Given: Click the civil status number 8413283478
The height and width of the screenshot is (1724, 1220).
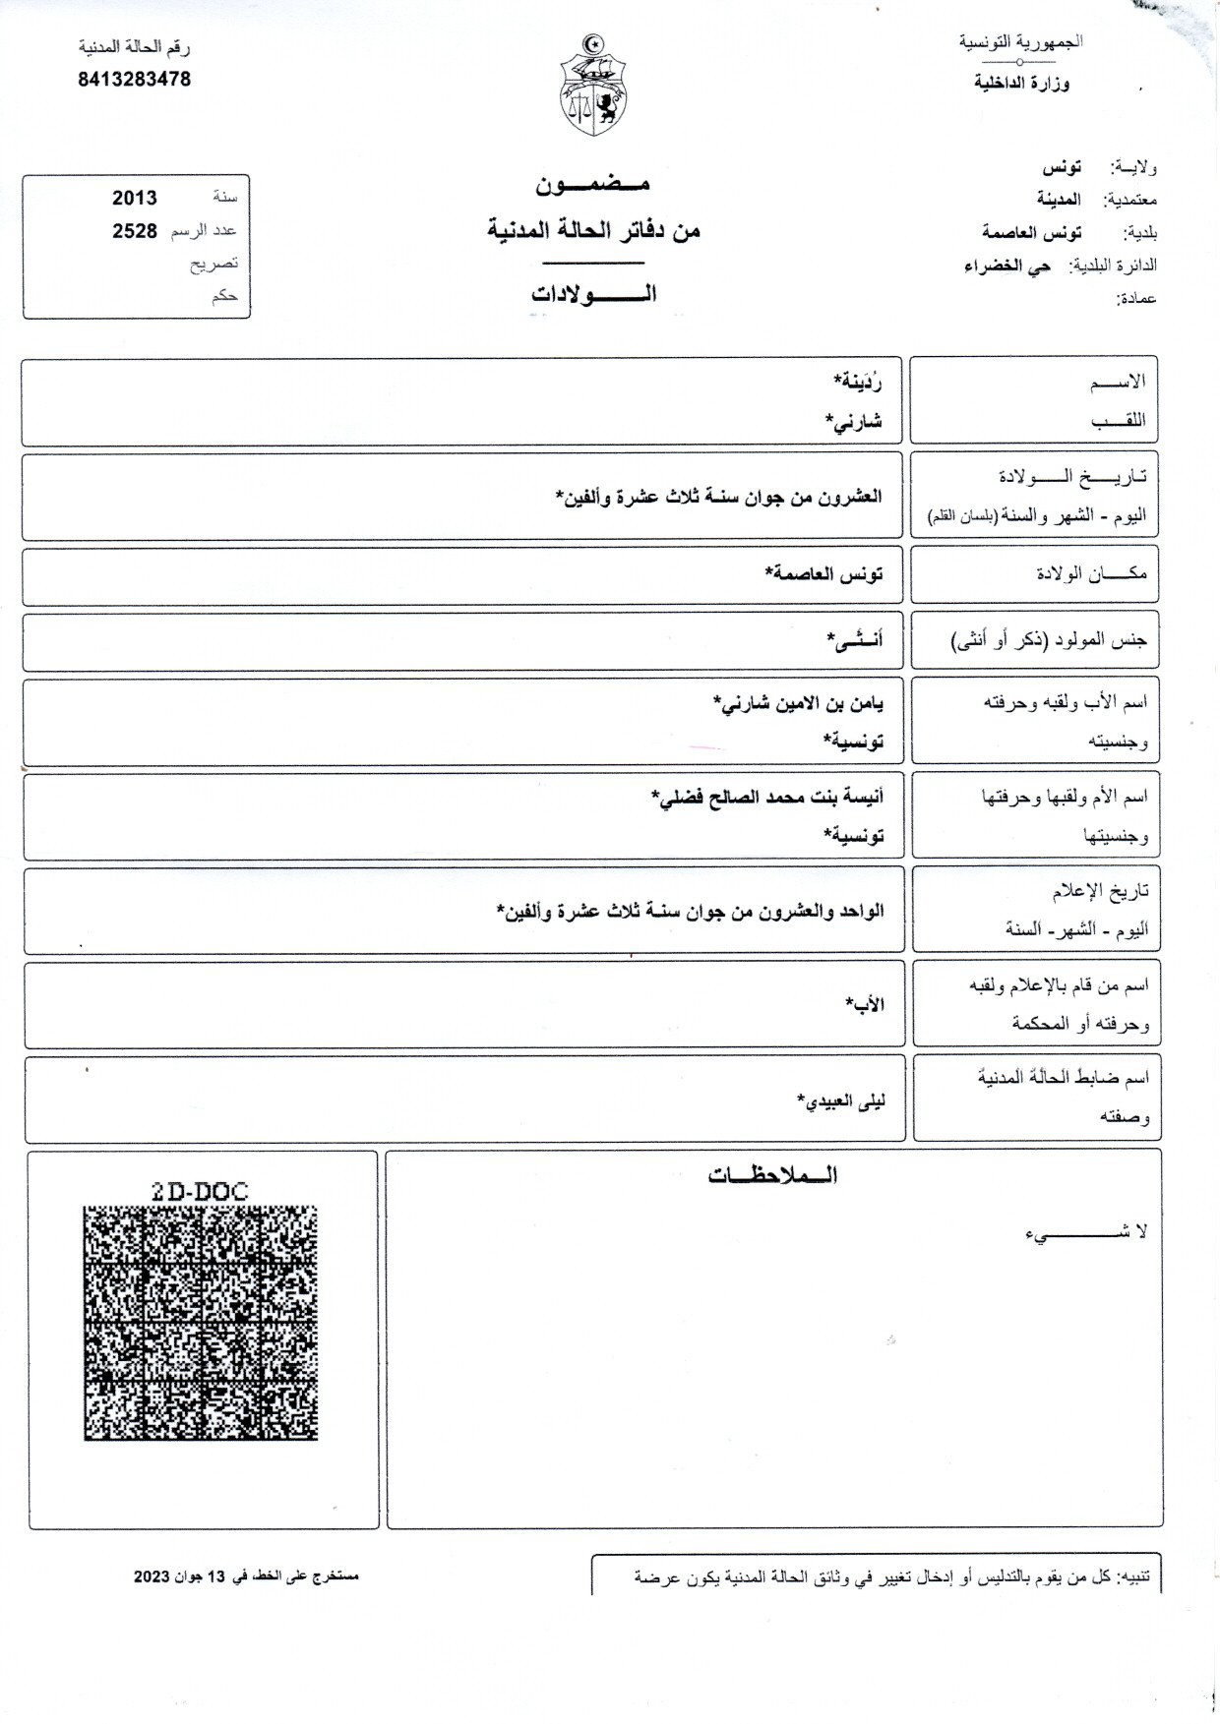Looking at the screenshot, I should coord(134,80).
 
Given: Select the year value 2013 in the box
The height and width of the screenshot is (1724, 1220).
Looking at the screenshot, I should coord(135,198).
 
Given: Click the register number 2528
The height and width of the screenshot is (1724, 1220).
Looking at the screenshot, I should coord(135,231).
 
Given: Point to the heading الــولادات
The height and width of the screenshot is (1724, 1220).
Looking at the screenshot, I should coord(593,294).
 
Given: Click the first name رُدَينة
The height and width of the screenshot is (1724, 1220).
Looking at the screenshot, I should coord(857,381).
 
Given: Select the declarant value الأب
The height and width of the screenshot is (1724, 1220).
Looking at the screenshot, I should coord(865,1003).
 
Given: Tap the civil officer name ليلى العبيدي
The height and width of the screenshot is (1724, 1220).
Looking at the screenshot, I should coord(841,1100).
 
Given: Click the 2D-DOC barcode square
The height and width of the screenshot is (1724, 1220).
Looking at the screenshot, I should coord(201,1324).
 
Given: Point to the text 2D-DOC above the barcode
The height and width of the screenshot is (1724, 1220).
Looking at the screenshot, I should coord(200,1191).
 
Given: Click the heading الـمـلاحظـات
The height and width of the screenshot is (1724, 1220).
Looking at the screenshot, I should coord(772,1176).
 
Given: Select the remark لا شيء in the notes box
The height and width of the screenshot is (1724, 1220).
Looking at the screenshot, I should coord(1086,1231).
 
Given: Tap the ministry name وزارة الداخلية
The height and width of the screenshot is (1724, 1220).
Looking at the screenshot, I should coord(1022,84).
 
